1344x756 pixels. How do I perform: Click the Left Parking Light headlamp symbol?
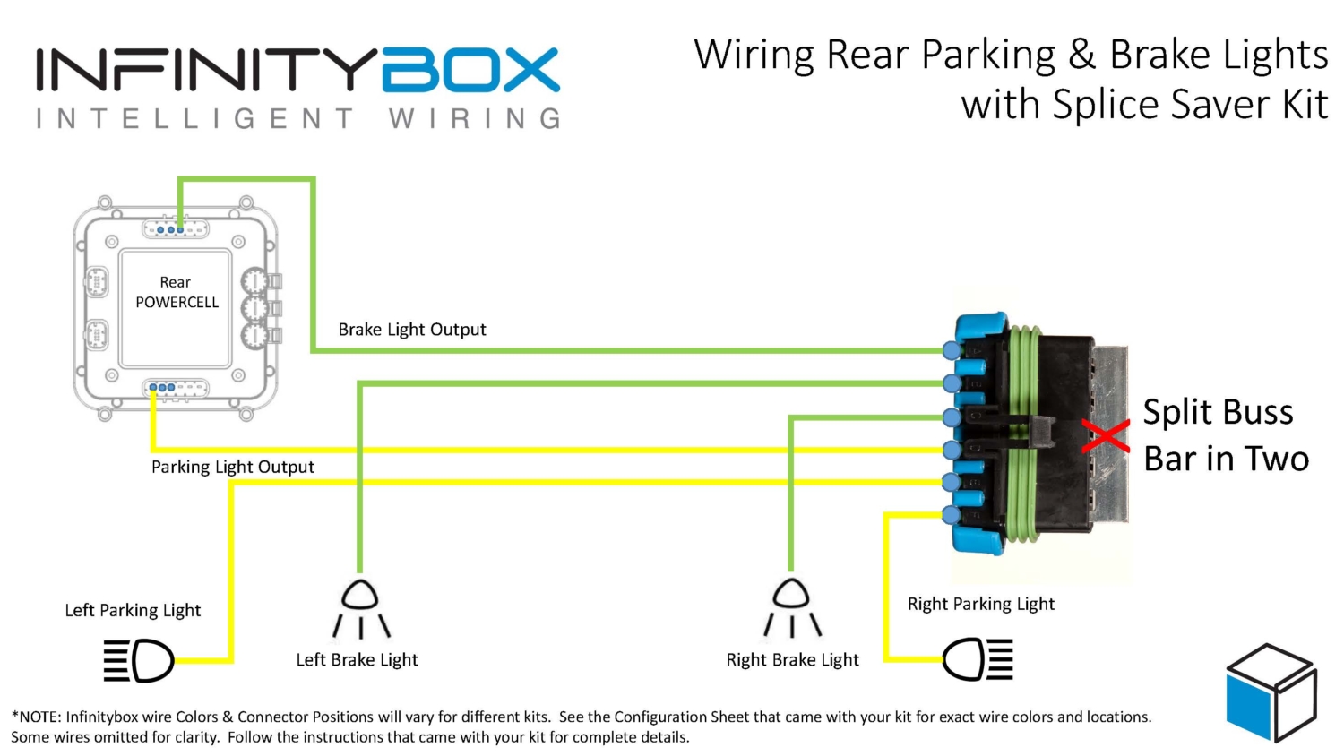[140, 660]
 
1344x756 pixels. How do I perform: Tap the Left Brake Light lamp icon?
[360, 609]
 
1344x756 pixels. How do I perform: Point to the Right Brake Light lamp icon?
[791, 609]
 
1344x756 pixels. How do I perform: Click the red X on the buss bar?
[1106, 436]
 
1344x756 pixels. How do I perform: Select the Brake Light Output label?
[411, 330]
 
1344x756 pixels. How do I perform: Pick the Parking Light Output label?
[232, 467]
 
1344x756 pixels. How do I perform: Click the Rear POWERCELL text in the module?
[177, 293]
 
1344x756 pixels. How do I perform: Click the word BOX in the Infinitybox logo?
[471, 71]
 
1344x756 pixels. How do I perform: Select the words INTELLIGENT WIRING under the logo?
[298, 118]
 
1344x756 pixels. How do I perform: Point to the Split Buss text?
[1218, 412]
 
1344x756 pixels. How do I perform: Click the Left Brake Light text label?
[357, 660]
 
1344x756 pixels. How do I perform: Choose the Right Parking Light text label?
[980, 604]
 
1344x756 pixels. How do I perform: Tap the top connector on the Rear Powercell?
[176, 229]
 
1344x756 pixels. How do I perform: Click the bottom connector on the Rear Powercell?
[176, 388]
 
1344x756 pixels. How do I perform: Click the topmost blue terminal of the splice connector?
[952, 350]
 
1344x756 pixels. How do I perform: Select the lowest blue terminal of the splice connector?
[952, 515]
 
